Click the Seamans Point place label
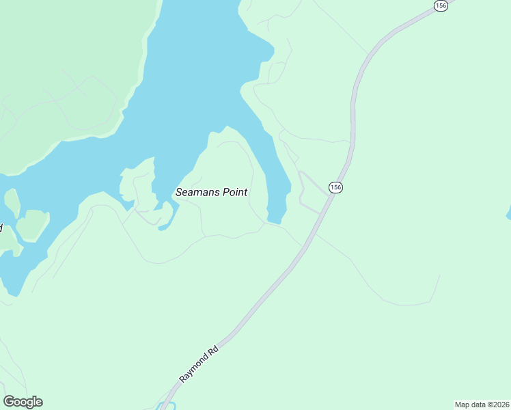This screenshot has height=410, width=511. coord(211,192)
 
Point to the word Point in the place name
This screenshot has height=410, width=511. coord(234,192)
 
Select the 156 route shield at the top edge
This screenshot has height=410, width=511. coord(440,5)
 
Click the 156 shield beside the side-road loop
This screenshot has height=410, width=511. coord(335,187)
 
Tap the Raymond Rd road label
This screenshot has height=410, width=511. coord(199,364)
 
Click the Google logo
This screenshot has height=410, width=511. coord(23,402)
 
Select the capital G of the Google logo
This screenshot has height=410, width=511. coord(9,401)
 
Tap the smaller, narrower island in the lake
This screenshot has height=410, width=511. coord(12,202)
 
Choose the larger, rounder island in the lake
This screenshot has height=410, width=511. coord(32,224)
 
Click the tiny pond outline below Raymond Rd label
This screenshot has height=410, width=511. coord(166,406)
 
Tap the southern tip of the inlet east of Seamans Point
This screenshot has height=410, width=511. coord(275,219)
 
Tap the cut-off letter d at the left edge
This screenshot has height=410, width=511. coord(1,227)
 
